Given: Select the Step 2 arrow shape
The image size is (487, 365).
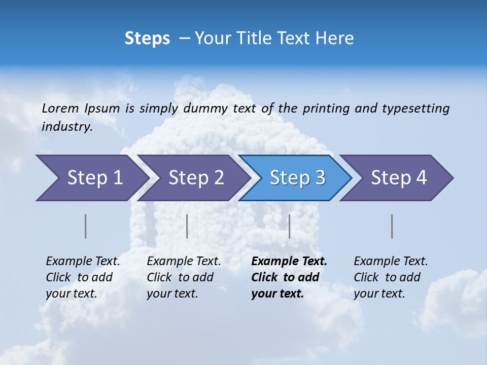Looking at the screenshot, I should [x=196, y=178].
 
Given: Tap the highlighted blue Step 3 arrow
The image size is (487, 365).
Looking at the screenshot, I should [x=297, y=178].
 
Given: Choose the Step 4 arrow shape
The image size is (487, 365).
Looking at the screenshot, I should [x=399, y=178].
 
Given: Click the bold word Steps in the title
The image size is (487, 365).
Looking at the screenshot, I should [x=147, y=39].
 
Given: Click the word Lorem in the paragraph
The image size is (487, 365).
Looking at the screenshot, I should [x=60, y=108].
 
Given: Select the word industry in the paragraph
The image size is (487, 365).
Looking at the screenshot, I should [x=67, y=127].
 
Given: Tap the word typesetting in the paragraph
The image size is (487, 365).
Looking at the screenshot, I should [x=415, y=108].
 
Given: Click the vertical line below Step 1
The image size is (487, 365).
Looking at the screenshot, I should [x=86, y=226].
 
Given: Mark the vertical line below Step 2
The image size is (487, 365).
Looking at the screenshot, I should [x=187, y=226].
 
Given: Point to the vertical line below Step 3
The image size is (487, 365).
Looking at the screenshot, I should [x=290, y=226].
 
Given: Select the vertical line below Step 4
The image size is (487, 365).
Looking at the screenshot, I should [x=392, y=226].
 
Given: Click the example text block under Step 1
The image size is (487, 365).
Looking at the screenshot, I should [x=83, y=277].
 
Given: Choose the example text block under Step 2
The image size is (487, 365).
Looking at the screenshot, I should [x=184, y=277].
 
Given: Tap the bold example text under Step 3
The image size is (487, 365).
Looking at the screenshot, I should [x=289, y=277].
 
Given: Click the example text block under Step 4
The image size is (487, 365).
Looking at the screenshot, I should [x=391, y=277].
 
